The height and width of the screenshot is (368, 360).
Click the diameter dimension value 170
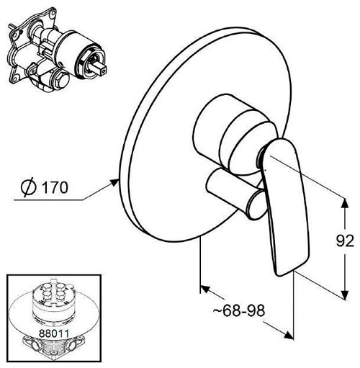coord(55,187)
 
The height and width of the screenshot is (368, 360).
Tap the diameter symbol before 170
coord(28,187)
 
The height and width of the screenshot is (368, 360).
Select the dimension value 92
coord(345,241)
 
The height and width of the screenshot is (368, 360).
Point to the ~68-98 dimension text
coord(239,311)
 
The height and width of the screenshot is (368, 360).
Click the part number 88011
coord(54,333)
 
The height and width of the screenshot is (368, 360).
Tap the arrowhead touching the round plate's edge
coord(114,182)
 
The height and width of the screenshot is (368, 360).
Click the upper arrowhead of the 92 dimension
coord(345,205)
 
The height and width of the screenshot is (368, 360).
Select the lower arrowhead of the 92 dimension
coord(345,294)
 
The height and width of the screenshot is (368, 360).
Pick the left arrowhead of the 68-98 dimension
coord(205,289)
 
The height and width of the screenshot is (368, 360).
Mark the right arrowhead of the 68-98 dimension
coord(289,335)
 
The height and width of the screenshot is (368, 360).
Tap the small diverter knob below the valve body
coord(236,194)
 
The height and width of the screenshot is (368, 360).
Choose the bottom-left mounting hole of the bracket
coord(16,78)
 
